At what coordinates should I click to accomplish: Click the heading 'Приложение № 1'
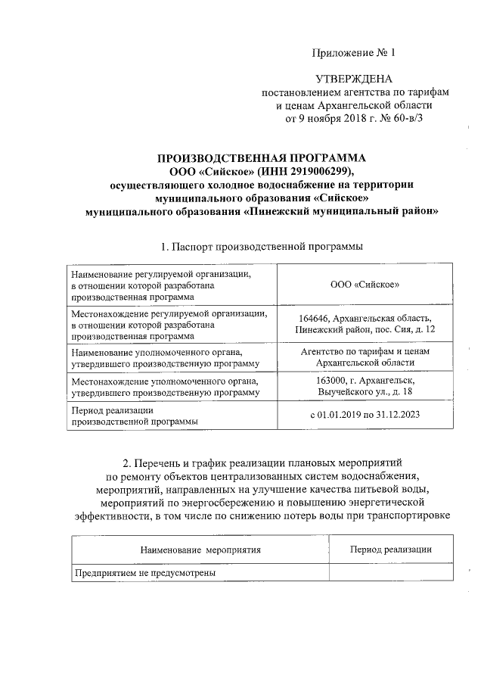[x=353, y=52]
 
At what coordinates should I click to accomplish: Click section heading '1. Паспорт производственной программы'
[x=261, y=247]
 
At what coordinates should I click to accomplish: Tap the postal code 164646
[x=315, y=318]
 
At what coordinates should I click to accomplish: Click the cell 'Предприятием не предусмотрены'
[x=144, y=573]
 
